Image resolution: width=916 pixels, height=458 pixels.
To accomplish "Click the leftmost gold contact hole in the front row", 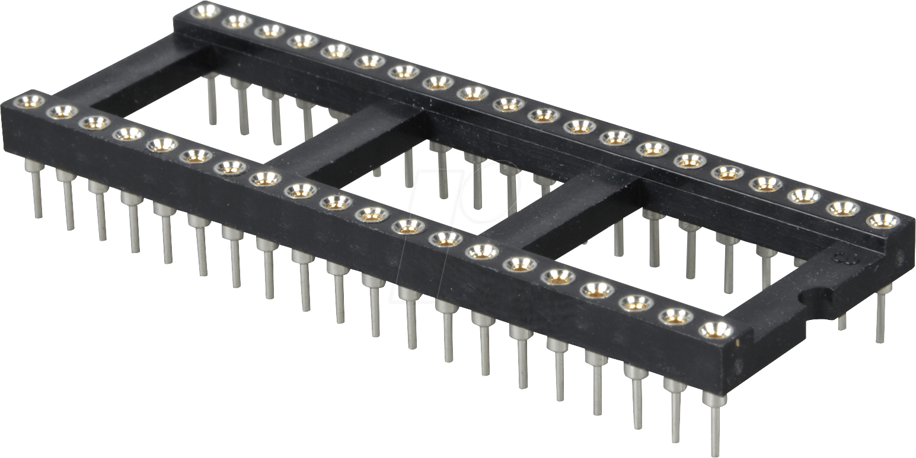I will click(x=29, y=101).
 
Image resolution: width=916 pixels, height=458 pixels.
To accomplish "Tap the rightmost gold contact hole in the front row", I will click(x=716, y=329).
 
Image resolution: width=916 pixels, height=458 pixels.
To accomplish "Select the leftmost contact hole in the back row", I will click(x=205, y=11).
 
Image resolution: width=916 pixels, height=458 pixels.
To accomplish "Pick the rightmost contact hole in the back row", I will click(x=882, y=220).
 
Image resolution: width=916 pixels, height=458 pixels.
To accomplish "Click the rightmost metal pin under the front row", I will click(x=714, y=424).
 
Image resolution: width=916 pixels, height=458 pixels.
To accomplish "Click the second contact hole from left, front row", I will click(x=62, y=111).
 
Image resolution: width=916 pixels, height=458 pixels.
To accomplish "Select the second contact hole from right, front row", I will click(x=676, y=316).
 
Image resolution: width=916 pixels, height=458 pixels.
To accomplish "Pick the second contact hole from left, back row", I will click(x=237, y=21).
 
